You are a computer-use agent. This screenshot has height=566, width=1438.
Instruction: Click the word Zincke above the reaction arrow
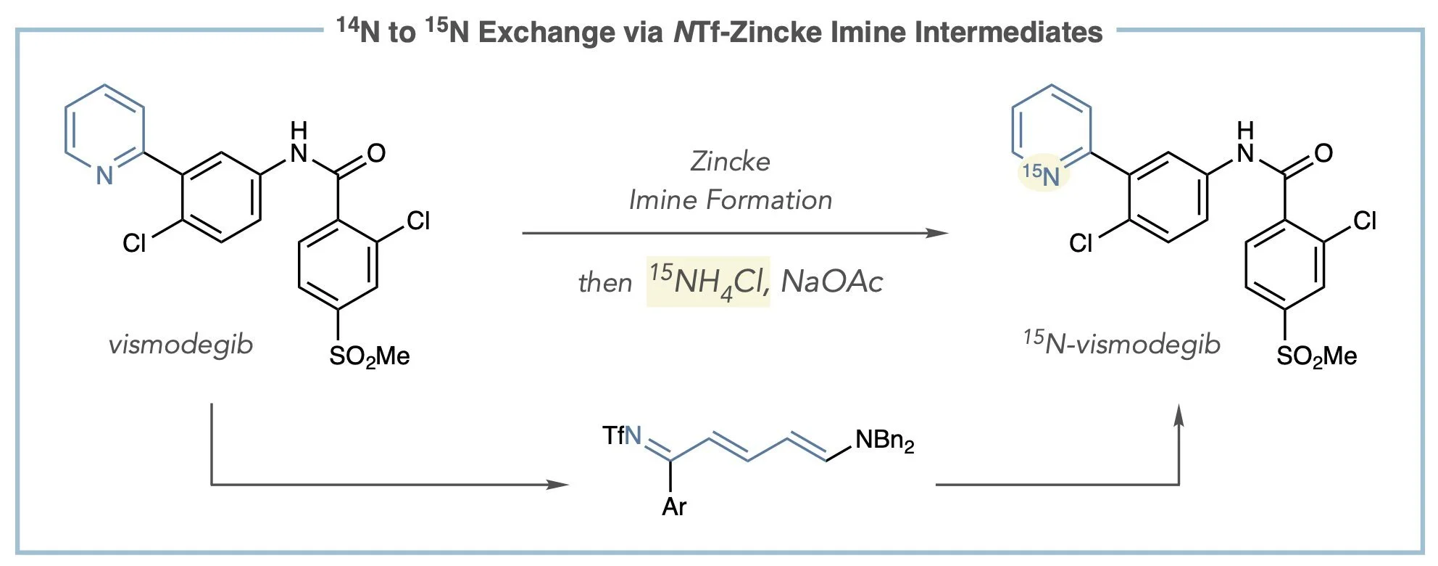click(730, 161)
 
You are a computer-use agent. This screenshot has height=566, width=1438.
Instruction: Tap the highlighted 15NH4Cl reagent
click(708, 282)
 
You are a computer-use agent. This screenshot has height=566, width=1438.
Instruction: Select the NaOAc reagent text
click(831, 282)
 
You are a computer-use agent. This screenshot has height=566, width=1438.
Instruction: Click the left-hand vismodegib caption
click(180, 343)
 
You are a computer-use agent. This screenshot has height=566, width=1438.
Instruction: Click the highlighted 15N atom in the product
click(1041, 175)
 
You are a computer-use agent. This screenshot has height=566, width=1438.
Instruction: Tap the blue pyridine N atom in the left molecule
click(104, 175)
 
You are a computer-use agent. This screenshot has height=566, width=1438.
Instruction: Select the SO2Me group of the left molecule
click(370, 356)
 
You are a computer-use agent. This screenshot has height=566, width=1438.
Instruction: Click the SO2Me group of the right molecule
click(1316, 356)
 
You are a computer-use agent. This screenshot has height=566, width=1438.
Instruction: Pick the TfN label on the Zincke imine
click(622, 436)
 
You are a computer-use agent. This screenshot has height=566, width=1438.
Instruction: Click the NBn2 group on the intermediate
click(884, 440)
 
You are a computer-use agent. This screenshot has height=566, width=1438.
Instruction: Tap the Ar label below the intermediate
click(673, 506)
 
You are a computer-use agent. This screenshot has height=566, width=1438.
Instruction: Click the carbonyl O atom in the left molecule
click(376, 153)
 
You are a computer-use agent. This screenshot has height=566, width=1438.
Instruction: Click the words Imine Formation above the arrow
click(730, 200)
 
